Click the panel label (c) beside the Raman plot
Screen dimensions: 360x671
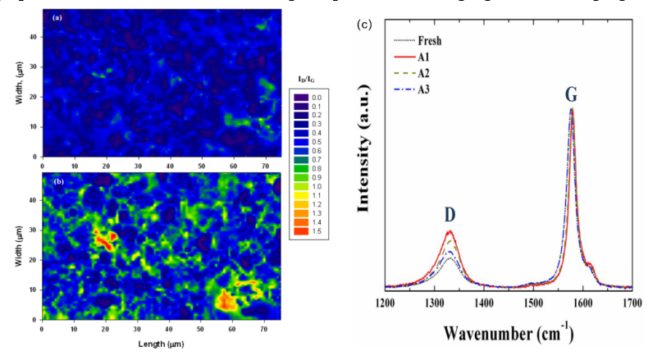coord(365,25)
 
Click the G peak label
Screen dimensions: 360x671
coord(570,95)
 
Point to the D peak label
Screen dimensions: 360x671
coord(450,215)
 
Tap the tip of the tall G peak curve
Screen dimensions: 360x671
coord(572,109)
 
